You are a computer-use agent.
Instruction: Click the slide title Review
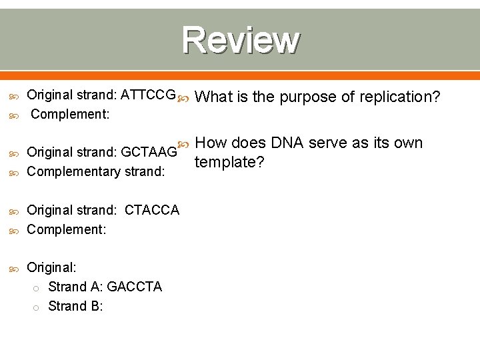pyautogui.click(x=241, y=41)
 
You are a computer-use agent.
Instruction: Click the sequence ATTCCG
pyautogui.click(x=150, y=95)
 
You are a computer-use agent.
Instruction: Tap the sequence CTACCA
pyautogui.click(x=152, y=210)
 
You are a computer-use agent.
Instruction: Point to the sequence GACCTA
pyautogui.click(x=134, y=287)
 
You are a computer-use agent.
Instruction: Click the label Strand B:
pyautogui.click(x=75, y=306)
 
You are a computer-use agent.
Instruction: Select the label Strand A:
pyautogui.click(x=75, y=287)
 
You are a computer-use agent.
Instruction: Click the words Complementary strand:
pyautogui.click(x=95, y=171)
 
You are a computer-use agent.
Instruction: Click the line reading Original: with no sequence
pyautogui.click(x=51, y=267)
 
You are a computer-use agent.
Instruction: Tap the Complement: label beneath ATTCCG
pyautogui.click(x=70, y=114)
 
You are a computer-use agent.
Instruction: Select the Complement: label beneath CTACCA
pyautogui.click(x=65, y=229)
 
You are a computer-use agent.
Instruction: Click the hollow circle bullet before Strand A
pyautogui.click(x=37, y=287)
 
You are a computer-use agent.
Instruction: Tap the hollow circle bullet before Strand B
pyautogui.click(x=37, y=307)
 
